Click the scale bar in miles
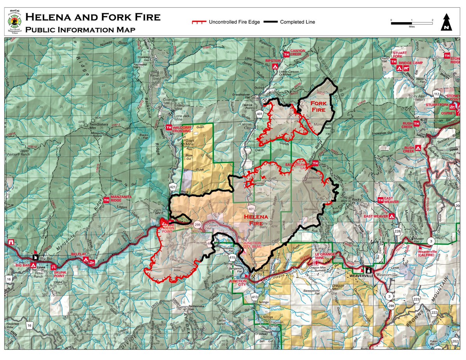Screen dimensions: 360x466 pyautogui.click(x=412, y=23)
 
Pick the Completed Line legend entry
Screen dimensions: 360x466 pyautogui.click(x=289, y=22)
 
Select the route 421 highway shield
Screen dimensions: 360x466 pyautogui.click(x=174, y=187)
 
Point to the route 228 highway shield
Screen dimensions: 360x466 pyautogui.click(x=397, y=231)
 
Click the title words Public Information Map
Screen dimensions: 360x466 pyautogui.click(x=80, y=30)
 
